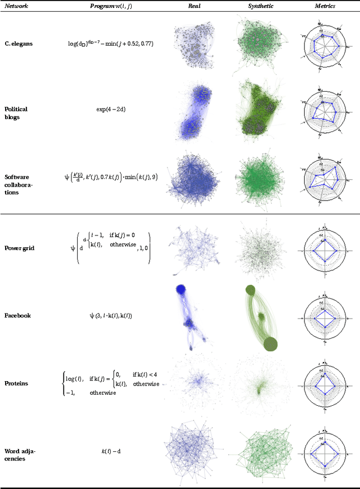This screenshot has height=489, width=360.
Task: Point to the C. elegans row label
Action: click(x=19, y=43)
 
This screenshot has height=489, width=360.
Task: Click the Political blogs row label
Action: click(x=16, y=112)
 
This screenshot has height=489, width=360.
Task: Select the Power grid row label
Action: click(x=20, y=248)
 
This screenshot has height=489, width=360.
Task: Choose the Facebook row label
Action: click(x=17, y=315)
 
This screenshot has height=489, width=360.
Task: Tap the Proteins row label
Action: click(x=16, y=383)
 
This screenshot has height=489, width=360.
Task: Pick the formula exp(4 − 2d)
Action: click(x=111, y=109)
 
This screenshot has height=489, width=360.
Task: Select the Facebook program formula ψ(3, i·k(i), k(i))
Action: click(x=111, y=315)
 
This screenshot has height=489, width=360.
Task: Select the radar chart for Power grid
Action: click(x=325, y=248)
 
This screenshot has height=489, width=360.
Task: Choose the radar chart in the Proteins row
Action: click(x=325, y=384)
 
